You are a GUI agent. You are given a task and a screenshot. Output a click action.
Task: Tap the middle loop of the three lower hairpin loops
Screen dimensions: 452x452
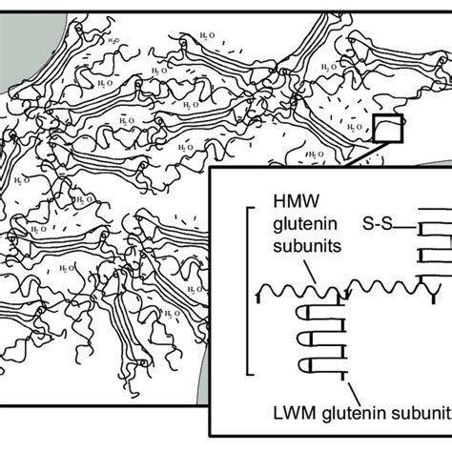(309, 338)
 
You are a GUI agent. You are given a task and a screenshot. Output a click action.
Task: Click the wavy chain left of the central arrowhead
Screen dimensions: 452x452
(300, 287)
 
